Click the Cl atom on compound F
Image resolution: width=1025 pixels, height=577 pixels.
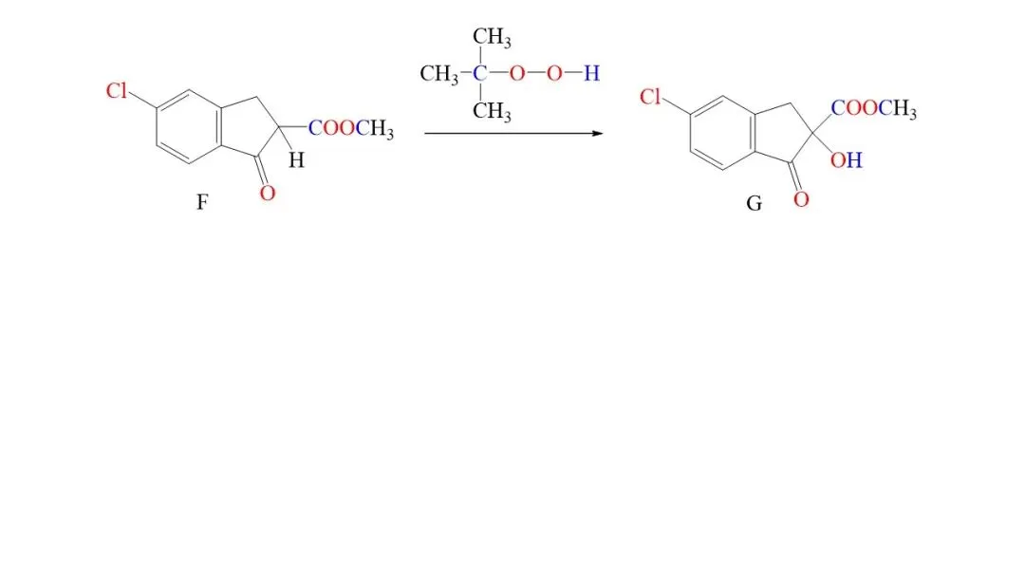(117, 91)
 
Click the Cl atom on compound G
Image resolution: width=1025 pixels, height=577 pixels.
(650, 97)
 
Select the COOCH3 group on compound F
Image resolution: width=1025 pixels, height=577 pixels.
(351, 128)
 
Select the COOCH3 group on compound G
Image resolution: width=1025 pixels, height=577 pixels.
(874, 108)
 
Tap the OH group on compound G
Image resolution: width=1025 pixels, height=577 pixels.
(847, 160)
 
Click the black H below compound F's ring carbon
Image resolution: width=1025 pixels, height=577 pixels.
(297, 160)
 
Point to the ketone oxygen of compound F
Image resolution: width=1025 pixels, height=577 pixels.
(268, 193)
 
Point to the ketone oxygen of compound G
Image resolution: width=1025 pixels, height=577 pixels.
(801, 199)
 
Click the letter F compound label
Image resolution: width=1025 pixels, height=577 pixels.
(202, 202)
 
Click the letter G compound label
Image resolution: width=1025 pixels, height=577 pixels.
(754, 204)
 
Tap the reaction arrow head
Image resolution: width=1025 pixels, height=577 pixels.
(598, 133)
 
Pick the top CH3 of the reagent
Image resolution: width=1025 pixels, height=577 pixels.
(492, 37)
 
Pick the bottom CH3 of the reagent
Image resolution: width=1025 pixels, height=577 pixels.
(492, 111)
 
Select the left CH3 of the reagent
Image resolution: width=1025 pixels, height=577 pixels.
(439, 74)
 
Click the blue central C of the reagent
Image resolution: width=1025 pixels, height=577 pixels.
(480, 73)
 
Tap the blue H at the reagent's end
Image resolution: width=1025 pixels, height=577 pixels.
(591, 73)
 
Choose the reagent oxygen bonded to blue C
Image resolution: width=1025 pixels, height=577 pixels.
(517, 73)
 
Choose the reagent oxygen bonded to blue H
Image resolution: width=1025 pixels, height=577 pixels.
(554, 73)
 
